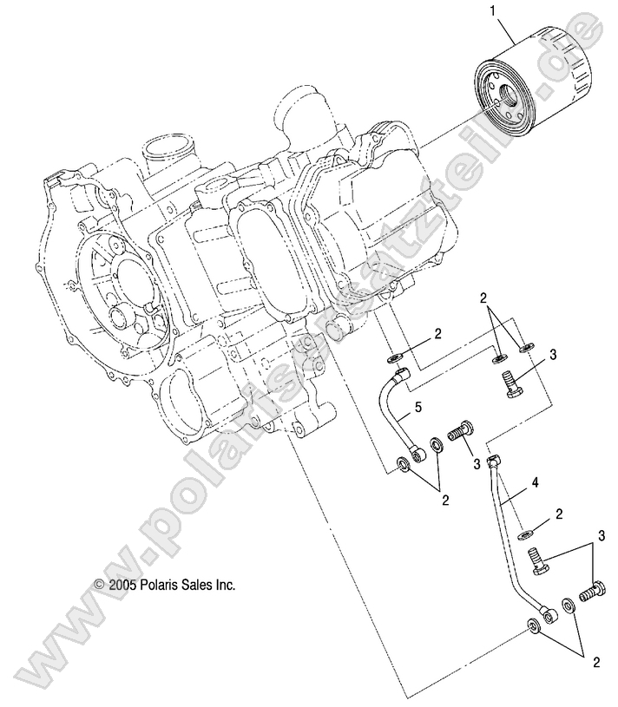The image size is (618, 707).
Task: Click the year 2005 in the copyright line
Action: point(120,586)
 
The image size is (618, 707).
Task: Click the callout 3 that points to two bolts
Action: point(599,534)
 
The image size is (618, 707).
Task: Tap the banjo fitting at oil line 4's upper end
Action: point(495,459)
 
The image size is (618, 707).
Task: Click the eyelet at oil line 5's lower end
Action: point(421,452)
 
